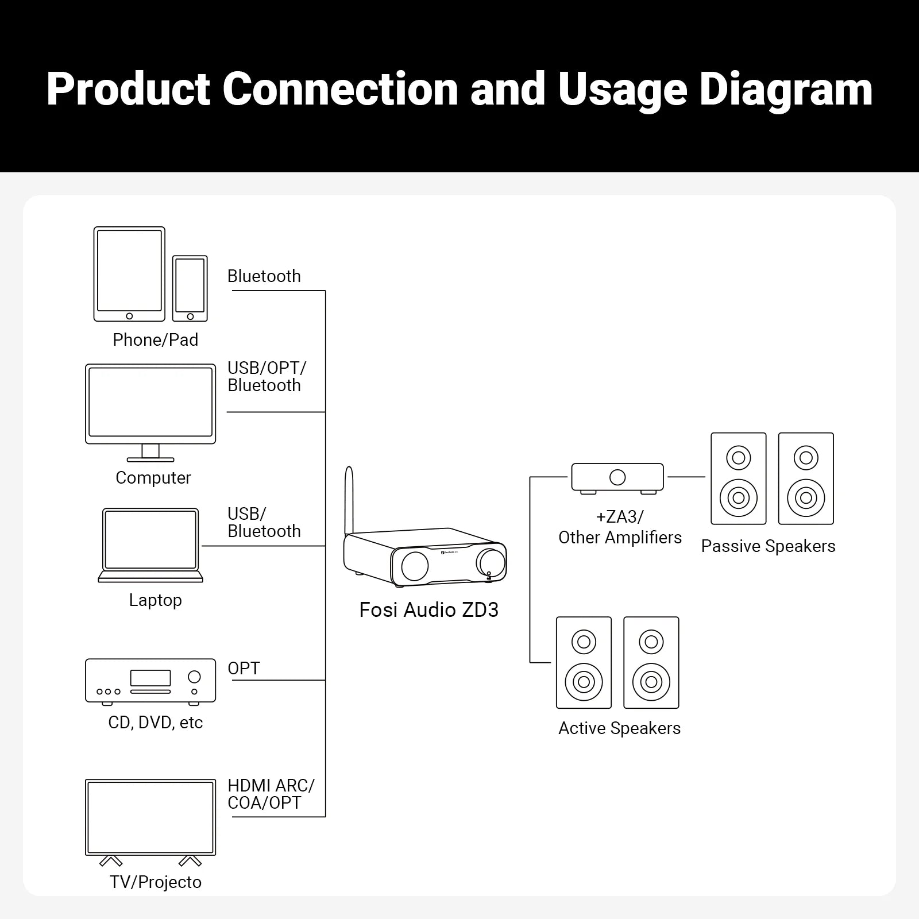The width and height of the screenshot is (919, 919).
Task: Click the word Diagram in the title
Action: click(x=786, y=90)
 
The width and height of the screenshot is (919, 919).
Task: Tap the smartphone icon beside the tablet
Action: click(x=190, y=288)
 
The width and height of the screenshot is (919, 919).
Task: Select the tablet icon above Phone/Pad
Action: click(x=129, y=274)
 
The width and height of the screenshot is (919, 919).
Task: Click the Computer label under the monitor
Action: click(x=153, y=478)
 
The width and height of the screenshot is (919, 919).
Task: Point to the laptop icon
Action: click(x=150, y=545)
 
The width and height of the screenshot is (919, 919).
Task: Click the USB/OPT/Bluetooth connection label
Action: click(x=266, y=377)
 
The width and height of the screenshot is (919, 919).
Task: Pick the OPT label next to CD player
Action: click(x=244, y=669)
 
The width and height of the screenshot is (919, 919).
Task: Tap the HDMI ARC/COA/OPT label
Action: click(x=270, y=794)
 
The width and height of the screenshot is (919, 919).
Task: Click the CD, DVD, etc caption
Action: click(x=155, y=723)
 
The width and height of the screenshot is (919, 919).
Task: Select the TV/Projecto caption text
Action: click(x=156, y=882)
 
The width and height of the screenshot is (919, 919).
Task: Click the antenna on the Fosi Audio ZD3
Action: click(x=349, y=500)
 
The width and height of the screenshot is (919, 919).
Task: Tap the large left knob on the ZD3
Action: click(x=415, y=566)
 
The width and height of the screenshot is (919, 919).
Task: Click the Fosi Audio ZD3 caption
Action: click(x=428, y=610)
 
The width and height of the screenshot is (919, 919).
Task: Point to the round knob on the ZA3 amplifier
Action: click(x=617, y=477)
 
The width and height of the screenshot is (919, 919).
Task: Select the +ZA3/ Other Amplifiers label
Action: click(x=620, y=527)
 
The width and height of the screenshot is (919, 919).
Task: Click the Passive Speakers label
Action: click(x=768, y=546)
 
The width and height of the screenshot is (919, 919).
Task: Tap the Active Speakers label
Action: click(x=619, y=728)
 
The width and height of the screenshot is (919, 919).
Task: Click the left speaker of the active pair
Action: click(x=584, y=663)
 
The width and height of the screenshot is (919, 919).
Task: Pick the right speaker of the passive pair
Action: click(x=806, y=478)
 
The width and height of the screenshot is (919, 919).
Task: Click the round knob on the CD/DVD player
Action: click(x=194, y=677)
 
